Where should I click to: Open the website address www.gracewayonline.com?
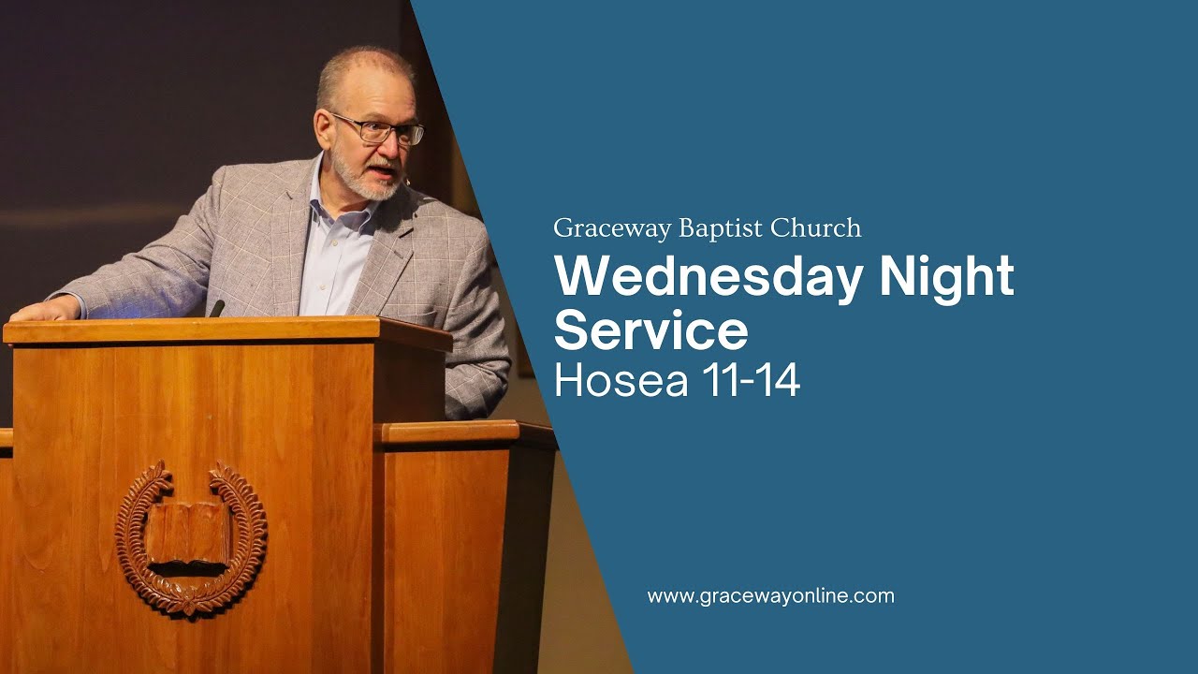770,596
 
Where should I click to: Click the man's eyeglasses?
379,129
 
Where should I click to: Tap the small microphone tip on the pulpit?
217,308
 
